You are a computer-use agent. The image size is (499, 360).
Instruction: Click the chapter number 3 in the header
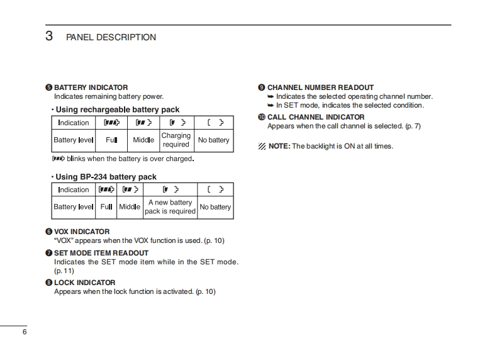coord(49,36)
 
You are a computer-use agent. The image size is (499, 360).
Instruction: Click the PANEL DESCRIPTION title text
coord(111,37)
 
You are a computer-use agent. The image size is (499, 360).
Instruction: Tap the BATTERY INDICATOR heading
coord(91,87)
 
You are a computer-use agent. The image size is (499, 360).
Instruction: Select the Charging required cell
coord(176,140)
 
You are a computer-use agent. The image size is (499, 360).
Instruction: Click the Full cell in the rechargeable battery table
coord(111,140)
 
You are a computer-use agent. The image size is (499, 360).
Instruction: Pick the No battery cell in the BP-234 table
coord(215,207)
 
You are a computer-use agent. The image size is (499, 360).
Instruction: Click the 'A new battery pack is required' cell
coord(170,207)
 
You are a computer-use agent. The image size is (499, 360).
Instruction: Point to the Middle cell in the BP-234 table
coord(130,207)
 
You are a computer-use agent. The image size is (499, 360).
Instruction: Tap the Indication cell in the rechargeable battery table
coord(74,123)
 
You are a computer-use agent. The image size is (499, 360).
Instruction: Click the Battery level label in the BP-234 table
coord(73,207)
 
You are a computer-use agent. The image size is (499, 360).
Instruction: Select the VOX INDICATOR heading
coord(81,232)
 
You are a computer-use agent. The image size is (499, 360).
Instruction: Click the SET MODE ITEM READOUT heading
coord(101,253)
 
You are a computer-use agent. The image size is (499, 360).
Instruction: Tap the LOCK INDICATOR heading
coord(84,283)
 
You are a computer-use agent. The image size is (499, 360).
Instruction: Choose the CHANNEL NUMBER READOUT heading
coord(320,87)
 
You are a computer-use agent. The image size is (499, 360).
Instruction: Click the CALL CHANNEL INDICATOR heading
coord(315,117)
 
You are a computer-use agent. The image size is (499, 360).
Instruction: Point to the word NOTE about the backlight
coord(279,146)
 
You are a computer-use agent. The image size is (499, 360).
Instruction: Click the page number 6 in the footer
coord(25,332)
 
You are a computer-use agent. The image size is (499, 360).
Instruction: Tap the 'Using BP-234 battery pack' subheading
coord(106,177)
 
